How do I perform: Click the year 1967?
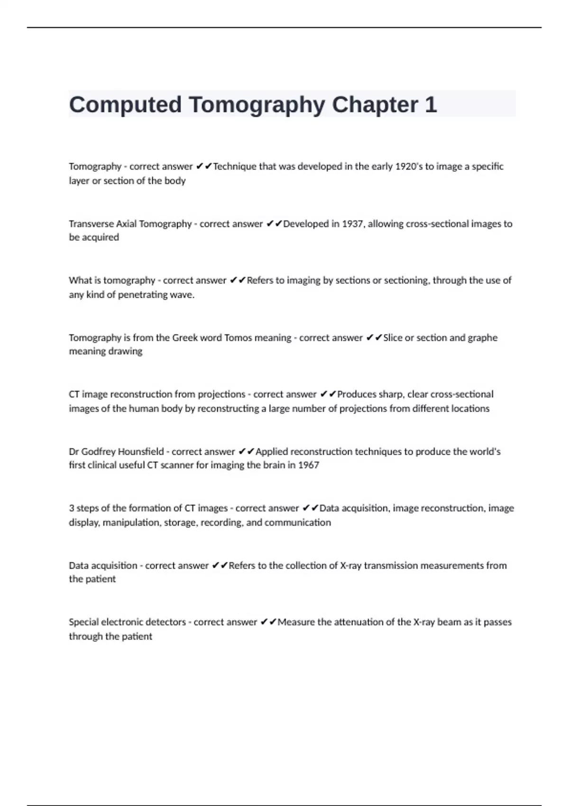308,465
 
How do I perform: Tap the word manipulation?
131,522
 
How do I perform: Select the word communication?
297,522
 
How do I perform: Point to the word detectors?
165,622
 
